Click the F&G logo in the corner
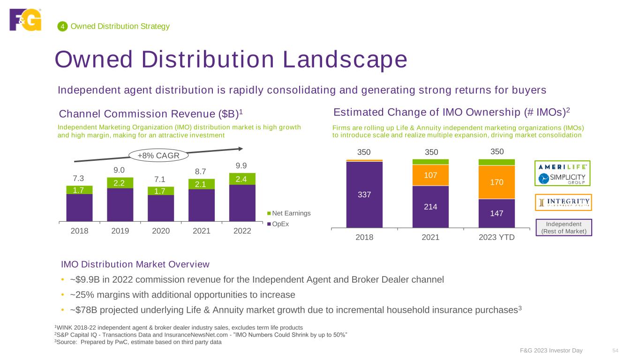tap(25, 20)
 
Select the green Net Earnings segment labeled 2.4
tap(242, 179)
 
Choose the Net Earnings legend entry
tap(291, 213)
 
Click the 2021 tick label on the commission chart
tap(202, 232)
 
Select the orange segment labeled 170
tap(497, 182)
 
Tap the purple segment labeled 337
tap(364, 194)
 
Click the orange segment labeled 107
tap(430, 175)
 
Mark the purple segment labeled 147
tap(497, 213)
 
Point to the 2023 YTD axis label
tap(497, 237)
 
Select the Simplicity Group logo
tap(563, 179)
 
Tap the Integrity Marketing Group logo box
tap(563, 202)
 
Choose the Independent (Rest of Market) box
tap(563, 227)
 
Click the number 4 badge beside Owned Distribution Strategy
tap(61, 27)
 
